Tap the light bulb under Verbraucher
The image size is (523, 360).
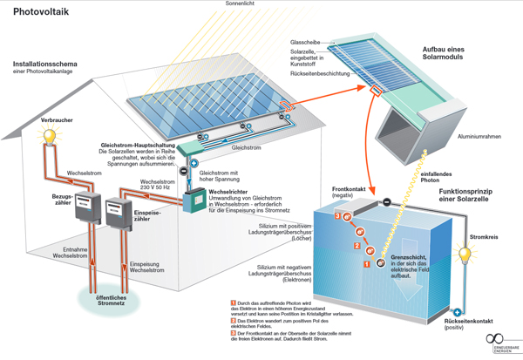click(x=51, y=136)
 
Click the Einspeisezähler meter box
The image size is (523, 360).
click(x=118, y=212)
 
